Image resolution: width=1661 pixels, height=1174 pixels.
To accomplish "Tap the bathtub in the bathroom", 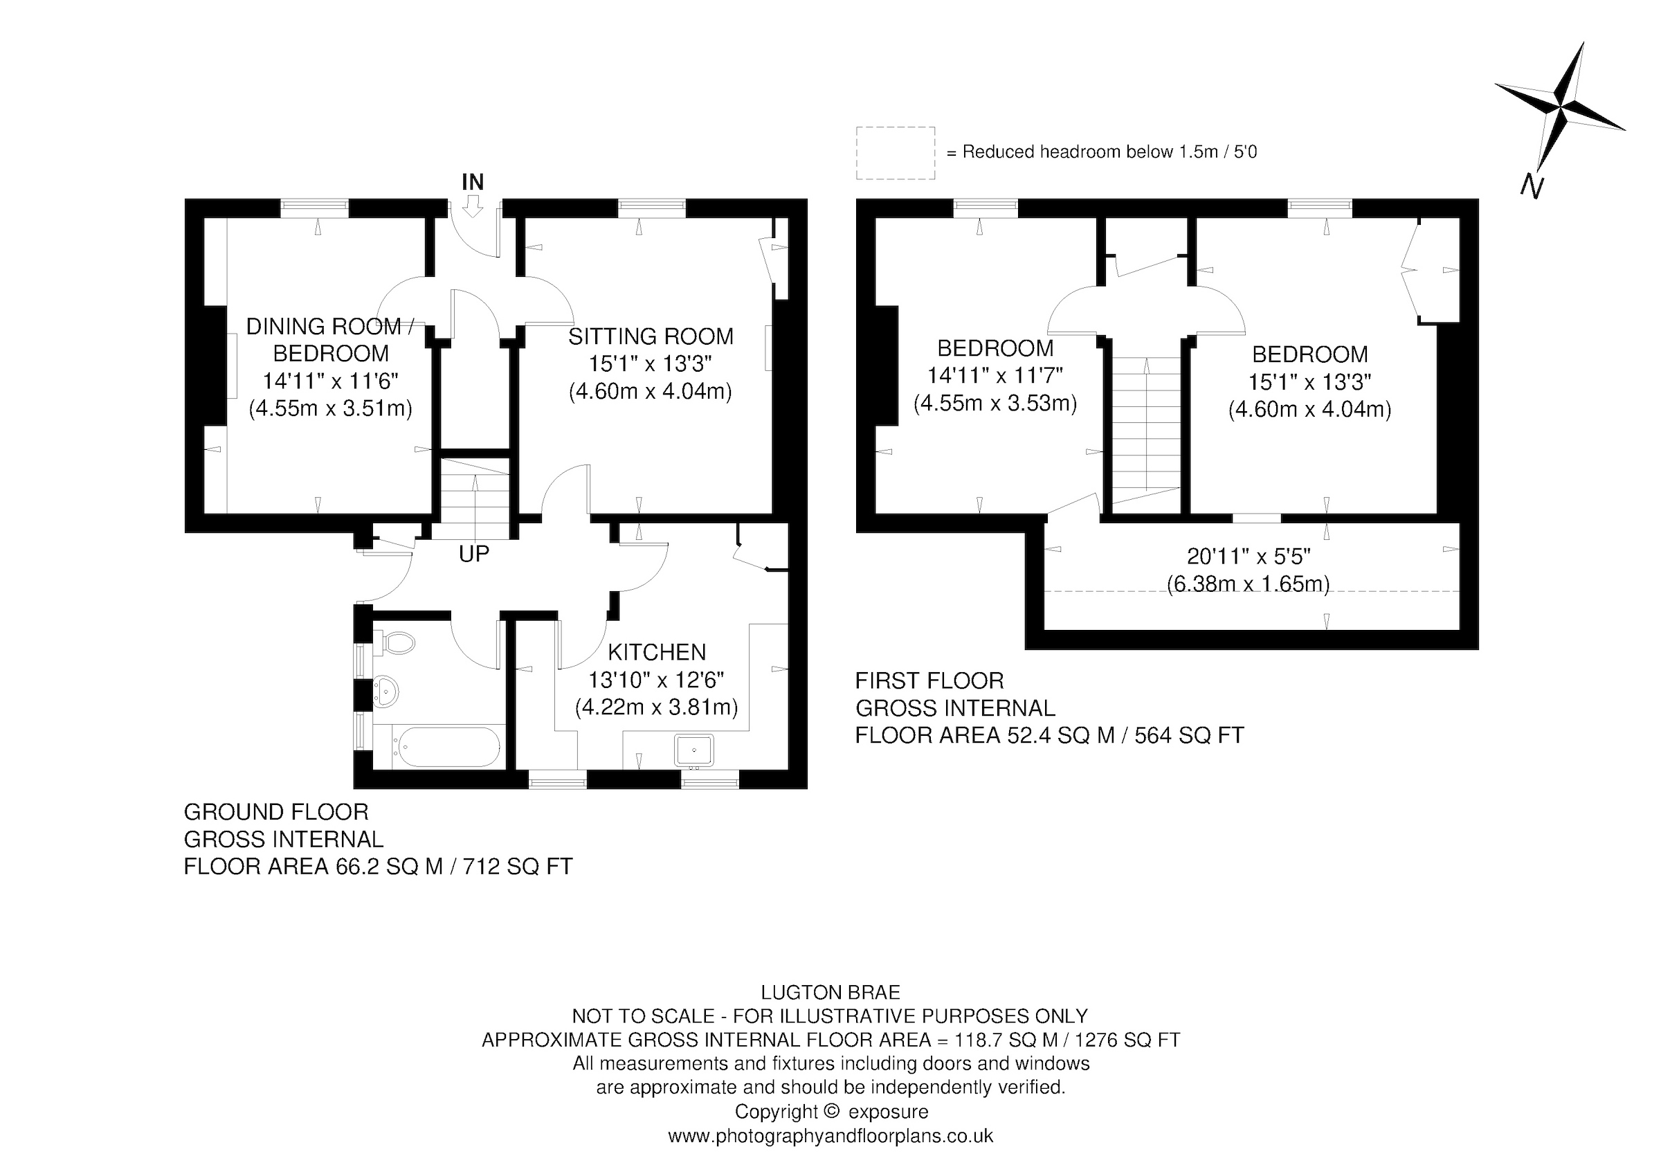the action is [446, 746].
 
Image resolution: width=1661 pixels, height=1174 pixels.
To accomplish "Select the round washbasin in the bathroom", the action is [385, 692].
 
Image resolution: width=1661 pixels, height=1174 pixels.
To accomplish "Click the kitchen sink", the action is [693, 750].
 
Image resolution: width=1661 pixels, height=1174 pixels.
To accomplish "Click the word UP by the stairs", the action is [474, 554].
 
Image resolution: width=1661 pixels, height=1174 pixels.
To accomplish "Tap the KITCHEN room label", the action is [657, 653].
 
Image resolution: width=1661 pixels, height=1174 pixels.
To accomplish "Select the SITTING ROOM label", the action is [651, 336].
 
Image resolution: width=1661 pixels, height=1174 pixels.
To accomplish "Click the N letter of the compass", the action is [1532, 186].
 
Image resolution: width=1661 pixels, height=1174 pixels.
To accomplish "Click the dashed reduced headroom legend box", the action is [896, 154].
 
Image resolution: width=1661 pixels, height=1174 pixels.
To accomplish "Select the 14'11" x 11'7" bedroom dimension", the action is [995, 375].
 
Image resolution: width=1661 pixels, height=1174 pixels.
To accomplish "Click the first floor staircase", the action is [1147, 431].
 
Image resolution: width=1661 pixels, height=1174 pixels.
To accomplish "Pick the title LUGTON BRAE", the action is [831, 993].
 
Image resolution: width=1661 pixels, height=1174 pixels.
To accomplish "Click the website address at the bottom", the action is [831, 1137].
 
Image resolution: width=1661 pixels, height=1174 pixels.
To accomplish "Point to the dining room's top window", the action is [315, 208].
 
